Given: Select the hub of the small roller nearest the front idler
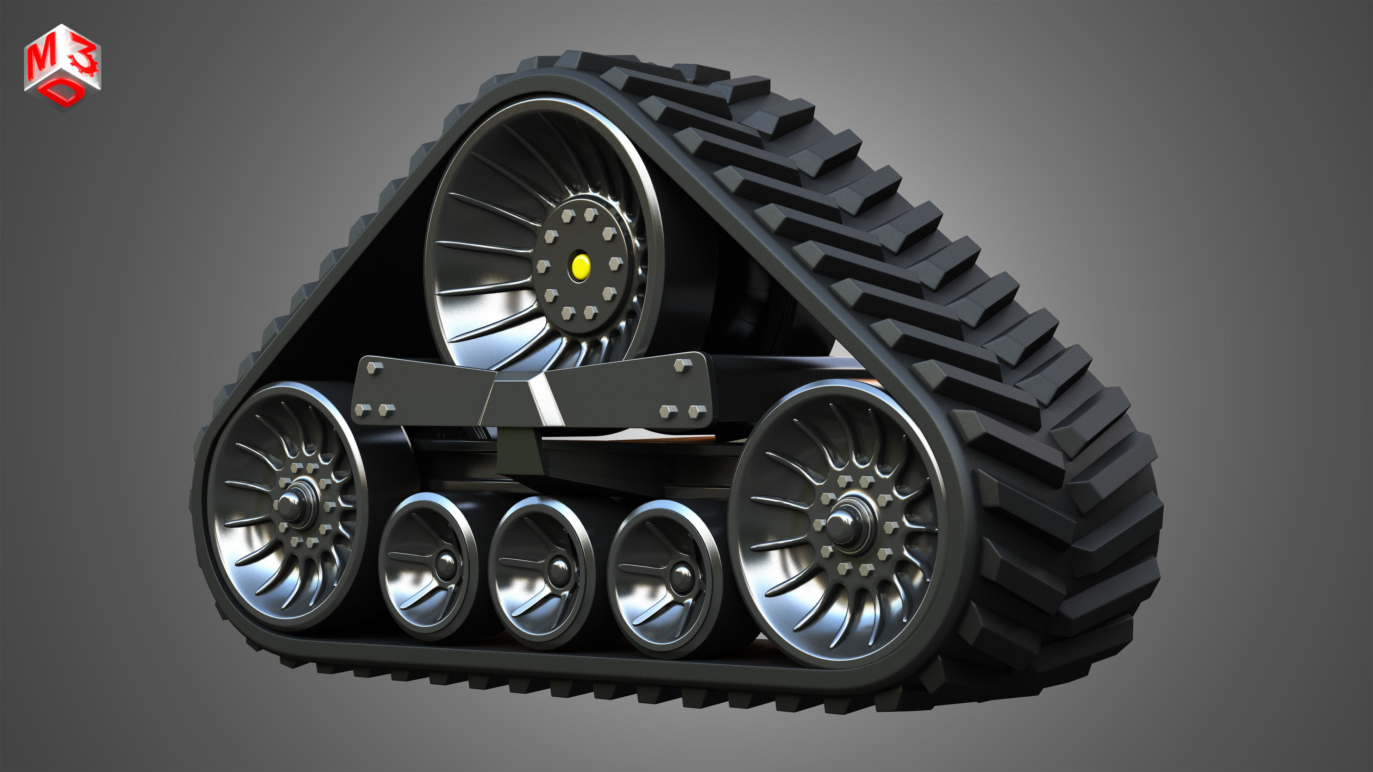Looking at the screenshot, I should point(681,577).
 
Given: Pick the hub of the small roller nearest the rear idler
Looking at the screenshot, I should point(446,565).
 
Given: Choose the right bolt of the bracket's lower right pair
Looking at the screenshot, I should point(696,411).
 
